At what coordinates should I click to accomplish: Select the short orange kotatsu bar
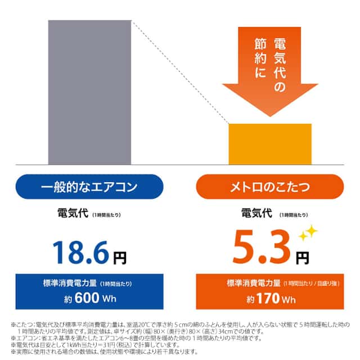coord(269,144)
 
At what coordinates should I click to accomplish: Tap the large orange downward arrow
coord(269,67)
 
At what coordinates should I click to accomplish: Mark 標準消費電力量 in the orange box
coord(250,282)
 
